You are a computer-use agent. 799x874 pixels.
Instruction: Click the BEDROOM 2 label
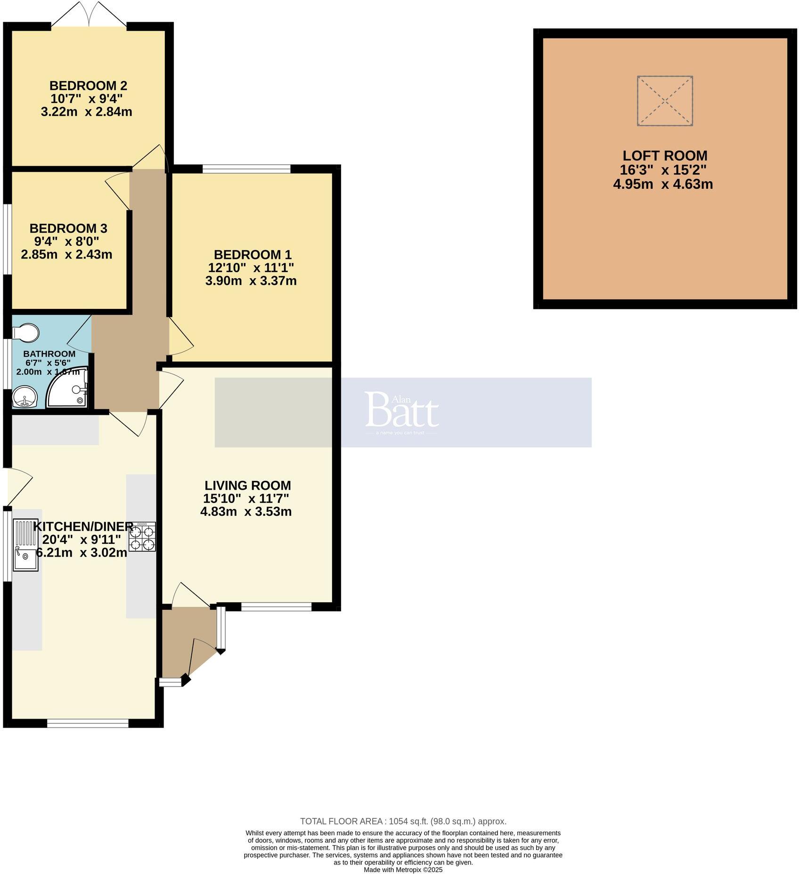pos(88,86)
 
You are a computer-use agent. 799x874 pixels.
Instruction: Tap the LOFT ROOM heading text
pos(665,156)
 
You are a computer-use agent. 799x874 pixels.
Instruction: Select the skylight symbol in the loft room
pos(665,101)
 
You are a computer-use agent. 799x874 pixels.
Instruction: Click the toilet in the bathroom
pos(25,332)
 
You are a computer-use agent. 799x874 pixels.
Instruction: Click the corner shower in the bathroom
pos(69,389)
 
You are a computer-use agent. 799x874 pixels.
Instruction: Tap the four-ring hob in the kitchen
pos(142,536)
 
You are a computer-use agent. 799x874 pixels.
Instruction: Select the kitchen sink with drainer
pos(25,544)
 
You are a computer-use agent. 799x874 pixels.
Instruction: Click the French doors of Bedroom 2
pos(89,14)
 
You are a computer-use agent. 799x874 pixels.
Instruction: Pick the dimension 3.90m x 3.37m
pos(251,281)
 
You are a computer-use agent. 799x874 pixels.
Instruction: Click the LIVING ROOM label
pos(247,486)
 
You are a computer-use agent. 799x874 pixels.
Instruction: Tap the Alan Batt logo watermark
pos(401,412)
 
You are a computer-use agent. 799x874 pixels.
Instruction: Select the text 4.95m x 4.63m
pos(662,184)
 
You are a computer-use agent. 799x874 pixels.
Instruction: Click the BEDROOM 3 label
pos(68,229)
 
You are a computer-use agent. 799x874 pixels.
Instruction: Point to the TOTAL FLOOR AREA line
pos(403,821)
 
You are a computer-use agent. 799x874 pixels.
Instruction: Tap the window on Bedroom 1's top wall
pos(246,169)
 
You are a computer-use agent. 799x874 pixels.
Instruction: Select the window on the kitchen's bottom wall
pos(88,723)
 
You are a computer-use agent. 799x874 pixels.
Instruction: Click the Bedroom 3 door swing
pos(117,188)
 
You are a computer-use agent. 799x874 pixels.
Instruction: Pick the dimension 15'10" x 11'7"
pos(246,499)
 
